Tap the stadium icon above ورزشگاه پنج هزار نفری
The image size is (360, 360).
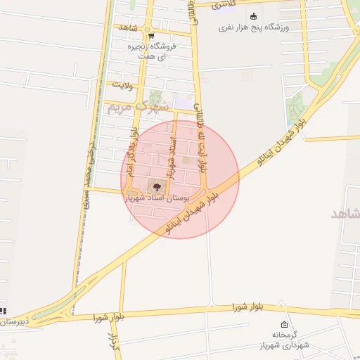pos(254,16)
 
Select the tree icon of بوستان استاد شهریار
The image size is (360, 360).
pos(155,186)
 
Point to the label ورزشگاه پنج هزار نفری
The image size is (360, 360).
pos(254,27)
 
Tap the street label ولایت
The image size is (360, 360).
pos(122,85)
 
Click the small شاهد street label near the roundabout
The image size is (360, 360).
pos(127,27)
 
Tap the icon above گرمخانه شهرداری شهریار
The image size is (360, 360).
pos(284,325)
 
